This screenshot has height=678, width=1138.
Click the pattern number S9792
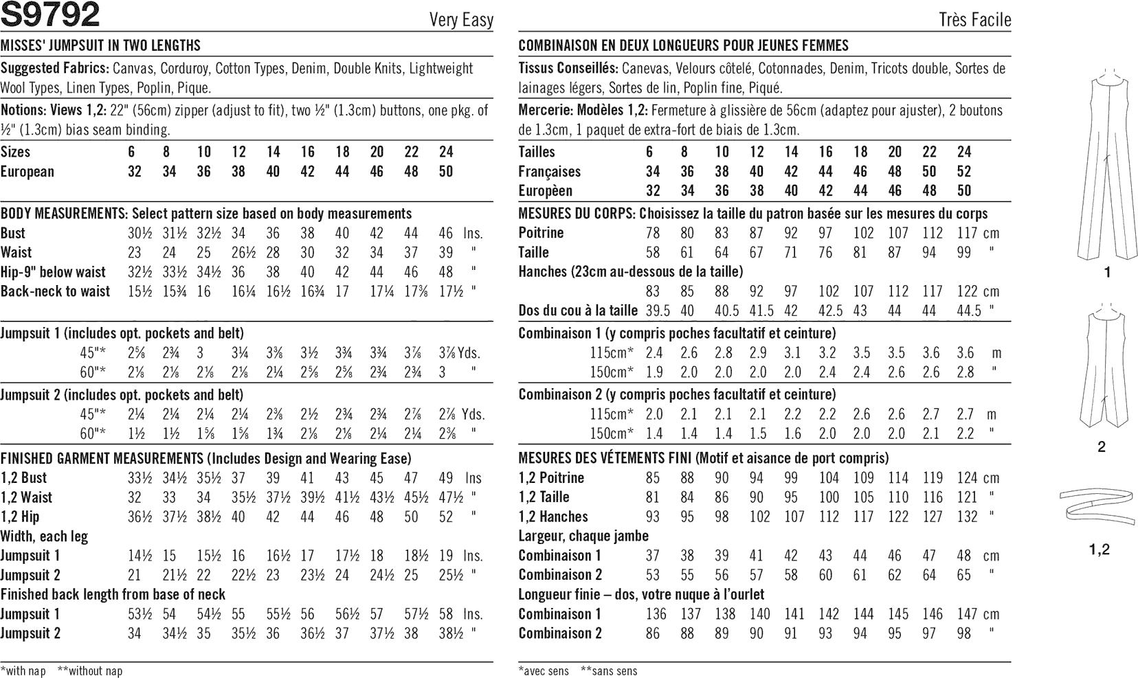pos(51,15)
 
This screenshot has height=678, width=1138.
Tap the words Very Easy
pos(461,20)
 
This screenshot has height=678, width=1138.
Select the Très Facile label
pos(974,20)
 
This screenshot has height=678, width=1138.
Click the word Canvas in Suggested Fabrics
pos(133,69)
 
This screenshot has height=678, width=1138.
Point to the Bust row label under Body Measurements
pos(14,233)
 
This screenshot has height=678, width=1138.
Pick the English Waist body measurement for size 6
pos(135,253)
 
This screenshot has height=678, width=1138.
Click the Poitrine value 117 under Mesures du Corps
pos(968,233)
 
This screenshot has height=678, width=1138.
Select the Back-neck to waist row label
pos(56,291)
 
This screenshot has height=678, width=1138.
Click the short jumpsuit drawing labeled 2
pos(1101,374)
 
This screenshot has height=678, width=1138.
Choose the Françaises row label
pos(550,172)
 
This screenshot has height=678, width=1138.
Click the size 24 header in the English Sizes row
pos(446,152)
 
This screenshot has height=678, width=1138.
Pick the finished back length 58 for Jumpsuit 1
pos(446,614)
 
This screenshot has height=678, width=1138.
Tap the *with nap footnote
pos(23,670)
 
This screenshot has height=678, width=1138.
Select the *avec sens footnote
pos(544,671)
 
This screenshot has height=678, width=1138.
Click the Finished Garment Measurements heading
pos(100,458)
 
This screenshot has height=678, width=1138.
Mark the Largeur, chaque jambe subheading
pos(583,536)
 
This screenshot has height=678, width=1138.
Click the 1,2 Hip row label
pos(21,517)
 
